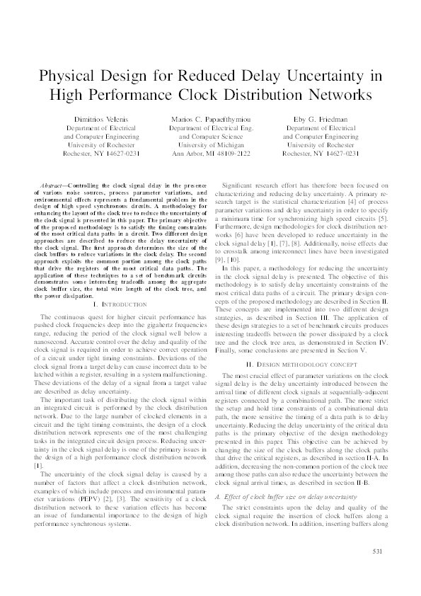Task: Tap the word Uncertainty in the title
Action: (x=331, y=76)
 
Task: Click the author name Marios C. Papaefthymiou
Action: (x=211, y=120)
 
